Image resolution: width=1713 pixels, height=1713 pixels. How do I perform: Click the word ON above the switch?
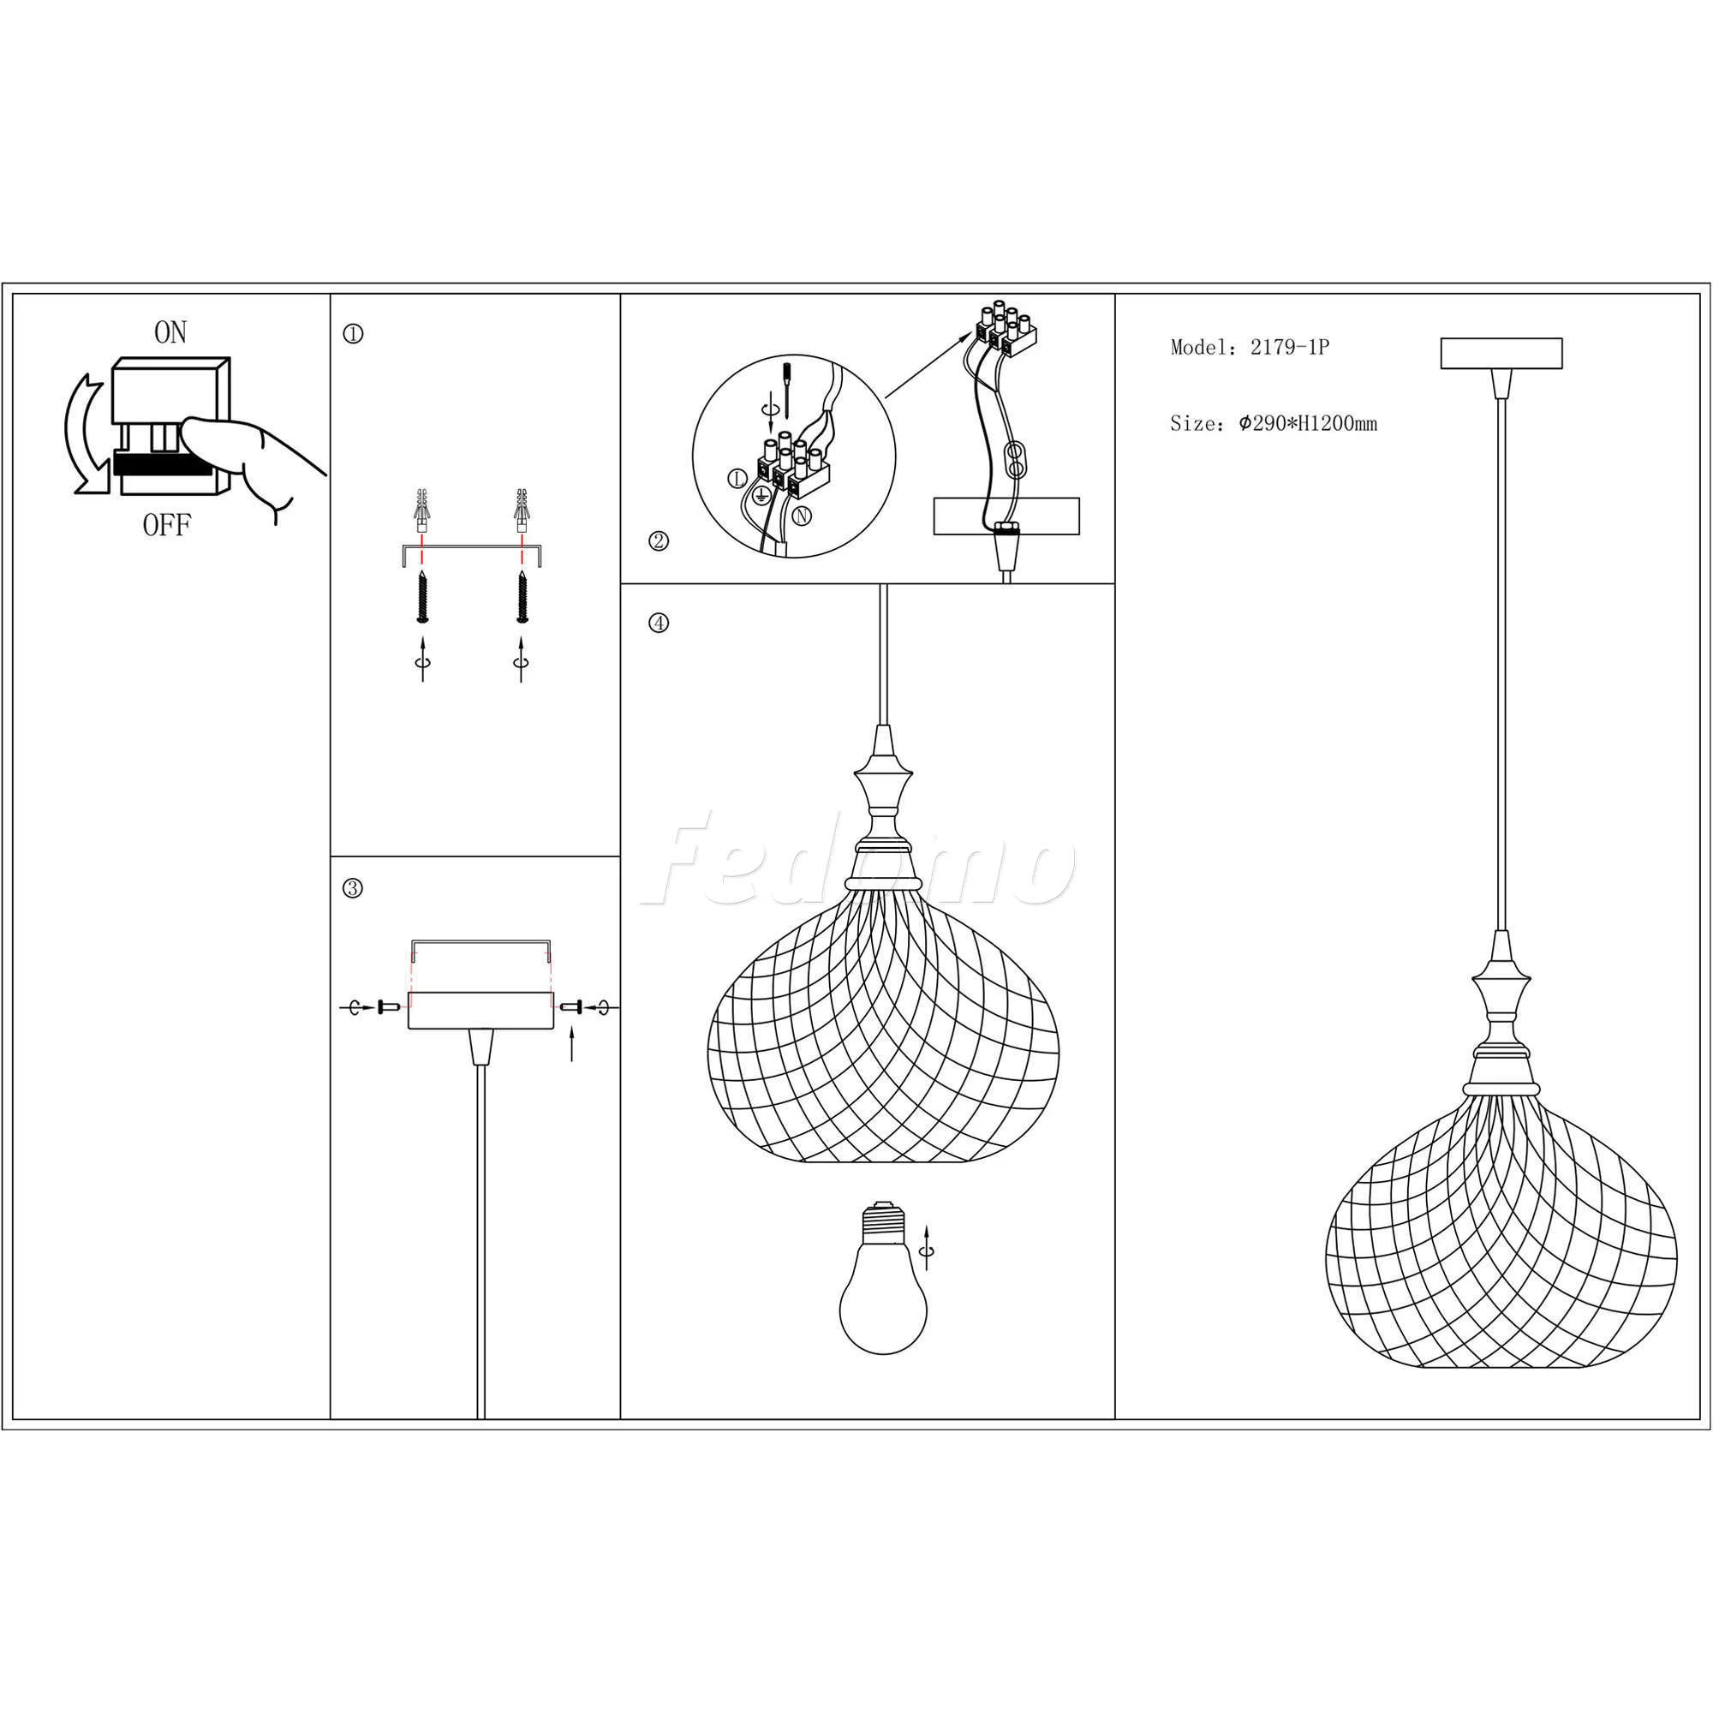pos(170,332)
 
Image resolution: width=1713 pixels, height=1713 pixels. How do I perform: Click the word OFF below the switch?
pos(167,526)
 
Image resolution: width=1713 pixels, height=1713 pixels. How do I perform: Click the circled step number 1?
pos(353,334)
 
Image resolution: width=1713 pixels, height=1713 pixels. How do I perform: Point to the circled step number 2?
pos(659,540)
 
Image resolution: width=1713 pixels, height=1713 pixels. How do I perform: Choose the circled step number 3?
pos(352,888)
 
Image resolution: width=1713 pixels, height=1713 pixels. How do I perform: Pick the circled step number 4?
pos(658,624)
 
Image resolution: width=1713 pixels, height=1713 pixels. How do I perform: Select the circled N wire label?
pos(802,515)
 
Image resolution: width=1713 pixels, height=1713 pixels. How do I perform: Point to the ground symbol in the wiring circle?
pos(760,496)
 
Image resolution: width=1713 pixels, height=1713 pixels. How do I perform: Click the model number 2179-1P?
pos(1290,348)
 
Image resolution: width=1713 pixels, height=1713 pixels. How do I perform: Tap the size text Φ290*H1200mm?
pos(1308,424)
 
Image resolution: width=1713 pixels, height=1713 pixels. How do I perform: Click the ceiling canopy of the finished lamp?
pos(1501,353)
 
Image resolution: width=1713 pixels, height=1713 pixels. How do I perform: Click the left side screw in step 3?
pos(389,1007)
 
